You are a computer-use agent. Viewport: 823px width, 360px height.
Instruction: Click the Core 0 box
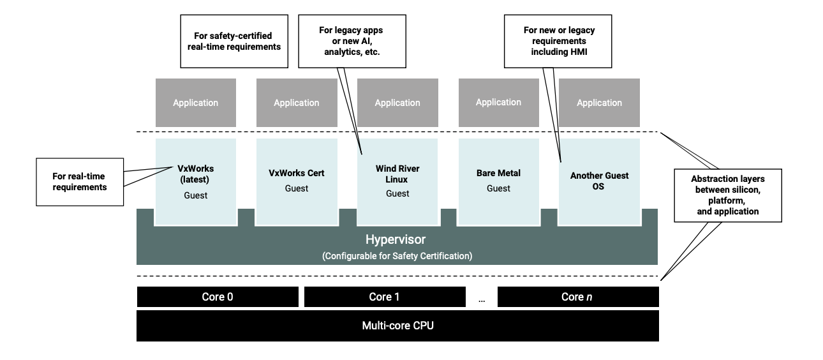(217, 297)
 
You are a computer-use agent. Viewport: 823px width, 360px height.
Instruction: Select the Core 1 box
(384, 297)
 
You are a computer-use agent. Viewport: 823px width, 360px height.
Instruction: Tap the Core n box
(577, 297)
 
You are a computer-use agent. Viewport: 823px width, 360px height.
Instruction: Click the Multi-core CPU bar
(397, 326)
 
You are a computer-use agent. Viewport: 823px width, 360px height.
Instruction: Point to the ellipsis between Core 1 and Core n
(481, 298)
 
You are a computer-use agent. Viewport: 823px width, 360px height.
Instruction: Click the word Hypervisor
(395, 240)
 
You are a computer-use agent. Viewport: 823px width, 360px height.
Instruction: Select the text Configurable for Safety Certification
(397, 255)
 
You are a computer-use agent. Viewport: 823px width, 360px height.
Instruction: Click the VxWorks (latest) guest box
(195, 181)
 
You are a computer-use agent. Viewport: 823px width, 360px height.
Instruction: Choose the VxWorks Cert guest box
(296, 181)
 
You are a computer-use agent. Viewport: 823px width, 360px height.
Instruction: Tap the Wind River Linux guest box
(397, 181)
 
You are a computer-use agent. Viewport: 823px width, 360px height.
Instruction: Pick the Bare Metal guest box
(498, 181)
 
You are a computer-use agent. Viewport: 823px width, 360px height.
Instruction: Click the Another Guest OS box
(599, 181)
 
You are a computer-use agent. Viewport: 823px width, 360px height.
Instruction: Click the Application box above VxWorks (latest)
(195, 103)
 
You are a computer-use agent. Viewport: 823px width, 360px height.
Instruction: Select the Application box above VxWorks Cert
(296, 103)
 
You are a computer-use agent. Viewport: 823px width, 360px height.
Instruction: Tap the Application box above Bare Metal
(498, 102)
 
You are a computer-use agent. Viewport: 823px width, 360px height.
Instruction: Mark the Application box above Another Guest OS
(599, 103)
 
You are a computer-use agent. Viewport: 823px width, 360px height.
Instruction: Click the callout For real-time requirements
(80, 183)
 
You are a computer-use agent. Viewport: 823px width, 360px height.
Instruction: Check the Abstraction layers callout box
(728, 194)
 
